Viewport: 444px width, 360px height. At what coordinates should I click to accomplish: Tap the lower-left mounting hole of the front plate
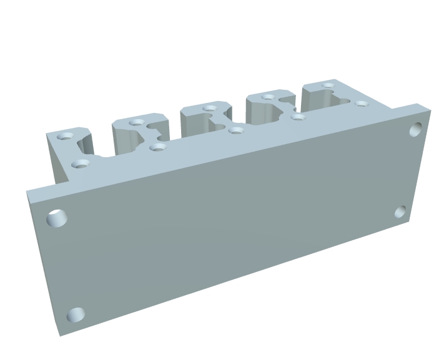(x=76, y=315)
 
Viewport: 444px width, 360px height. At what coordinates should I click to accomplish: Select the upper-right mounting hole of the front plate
(x=417, y=130)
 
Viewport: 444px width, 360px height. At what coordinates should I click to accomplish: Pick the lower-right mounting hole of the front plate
(x=400, y=212)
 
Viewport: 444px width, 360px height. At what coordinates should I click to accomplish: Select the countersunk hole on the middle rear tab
(x=207, y=109)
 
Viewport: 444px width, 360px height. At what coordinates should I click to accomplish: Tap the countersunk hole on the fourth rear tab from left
(x=268, y=97)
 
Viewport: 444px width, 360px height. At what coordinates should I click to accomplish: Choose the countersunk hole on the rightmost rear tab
(x=328, y=85)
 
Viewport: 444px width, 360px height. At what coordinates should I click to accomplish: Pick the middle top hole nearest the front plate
(x=235, y=130)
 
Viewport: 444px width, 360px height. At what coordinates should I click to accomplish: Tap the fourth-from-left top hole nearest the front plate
(x=298, y=116)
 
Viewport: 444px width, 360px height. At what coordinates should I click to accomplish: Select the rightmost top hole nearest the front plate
(x=361, y=103)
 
